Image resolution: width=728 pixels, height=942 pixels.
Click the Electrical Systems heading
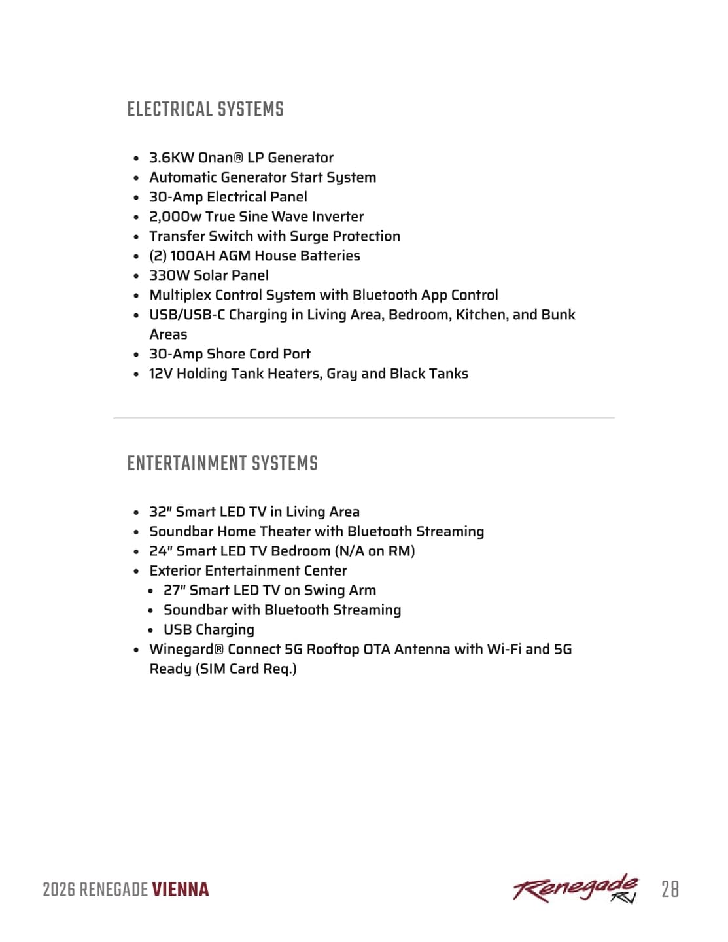click(205, 109)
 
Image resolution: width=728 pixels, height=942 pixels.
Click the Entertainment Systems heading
click(222, 463)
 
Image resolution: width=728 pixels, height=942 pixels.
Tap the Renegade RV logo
click(575, 888)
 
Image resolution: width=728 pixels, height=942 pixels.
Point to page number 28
click(670, 890)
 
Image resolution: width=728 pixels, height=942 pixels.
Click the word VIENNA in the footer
click(181, 890)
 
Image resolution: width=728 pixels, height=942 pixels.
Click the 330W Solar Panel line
click(209, 275)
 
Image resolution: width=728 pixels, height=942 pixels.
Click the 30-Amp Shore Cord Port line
click(230, 354)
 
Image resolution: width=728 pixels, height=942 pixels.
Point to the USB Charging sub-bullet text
click(209, 629)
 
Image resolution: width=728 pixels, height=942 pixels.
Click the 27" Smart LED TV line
click(269, 590)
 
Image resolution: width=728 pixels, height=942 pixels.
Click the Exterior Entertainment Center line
click(248, 570)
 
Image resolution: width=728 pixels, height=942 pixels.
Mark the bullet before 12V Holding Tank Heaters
click(136, 374)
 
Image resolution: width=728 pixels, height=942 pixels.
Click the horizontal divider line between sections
click(364, 417)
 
